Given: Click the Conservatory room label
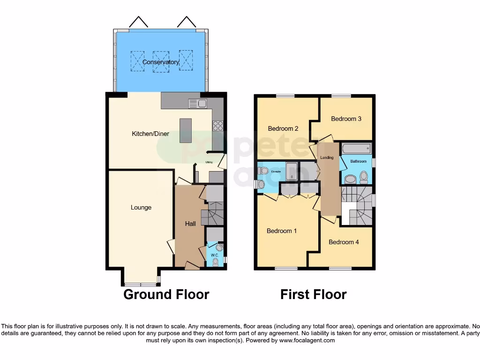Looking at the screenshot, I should [x=161, y=62].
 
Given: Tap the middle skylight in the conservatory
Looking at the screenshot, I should [x=161, y=62].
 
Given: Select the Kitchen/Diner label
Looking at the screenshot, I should [x=150, y=134].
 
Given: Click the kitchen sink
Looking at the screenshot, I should [x=198, y=104].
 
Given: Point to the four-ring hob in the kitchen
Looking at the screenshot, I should [x=218, y=125].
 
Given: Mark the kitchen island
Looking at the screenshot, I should [x=186, y=131].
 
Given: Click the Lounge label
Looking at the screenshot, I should [x=141, y=207].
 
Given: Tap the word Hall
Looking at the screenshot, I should [x=190, y=224].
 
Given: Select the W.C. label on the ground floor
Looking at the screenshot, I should [x=214, y=255].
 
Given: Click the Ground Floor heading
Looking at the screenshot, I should [x=166, y=294].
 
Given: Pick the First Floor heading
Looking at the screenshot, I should [x=313, y=294].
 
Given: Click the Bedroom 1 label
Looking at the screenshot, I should [x=282, y=231].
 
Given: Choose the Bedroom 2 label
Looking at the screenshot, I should [x=283, y=128].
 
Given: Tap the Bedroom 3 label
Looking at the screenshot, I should [x=346, y=119].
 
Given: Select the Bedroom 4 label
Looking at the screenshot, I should [x=344, y=242].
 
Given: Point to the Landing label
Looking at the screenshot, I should [x=327, y=157].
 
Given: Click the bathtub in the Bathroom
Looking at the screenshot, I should [x=356, y=149].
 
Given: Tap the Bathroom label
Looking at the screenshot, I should [x=359, y=161].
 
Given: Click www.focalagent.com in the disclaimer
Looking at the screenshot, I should [x=307, y=340].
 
